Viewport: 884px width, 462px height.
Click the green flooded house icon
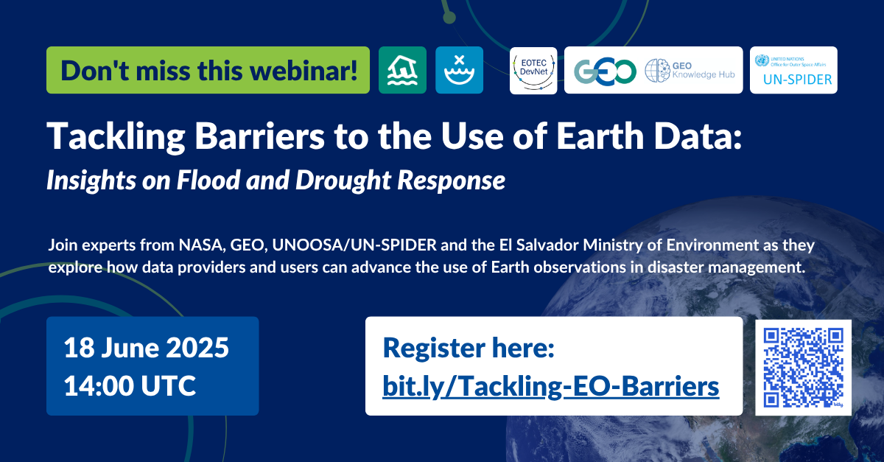click(402, 70)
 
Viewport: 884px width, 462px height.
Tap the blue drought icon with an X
click(460, 70)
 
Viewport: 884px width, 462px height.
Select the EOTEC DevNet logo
click(533, 71)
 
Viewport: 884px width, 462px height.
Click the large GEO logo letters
click(605, 72)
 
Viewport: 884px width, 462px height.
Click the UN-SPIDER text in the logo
click(798, 80)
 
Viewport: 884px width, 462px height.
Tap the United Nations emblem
click(762, 60)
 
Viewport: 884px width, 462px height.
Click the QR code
click(804, 367)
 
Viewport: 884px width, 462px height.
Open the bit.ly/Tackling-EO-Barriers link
click(551, 386)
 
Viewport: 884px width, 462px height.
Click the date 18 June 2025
click(147, 348)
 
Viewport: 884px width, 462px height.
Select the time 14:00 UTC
click(130, 386)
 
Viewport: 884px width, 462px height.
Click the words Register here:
click(469, 348)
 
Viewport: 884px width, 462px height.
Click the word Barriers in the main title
click(260, 136)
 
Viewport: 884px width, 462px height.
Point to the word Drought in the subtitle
click(343, 181)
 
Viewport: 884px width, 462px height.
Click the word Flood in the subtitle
click(208, 180)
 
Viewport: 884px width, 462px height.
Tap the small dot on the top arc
click(449, 18)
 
